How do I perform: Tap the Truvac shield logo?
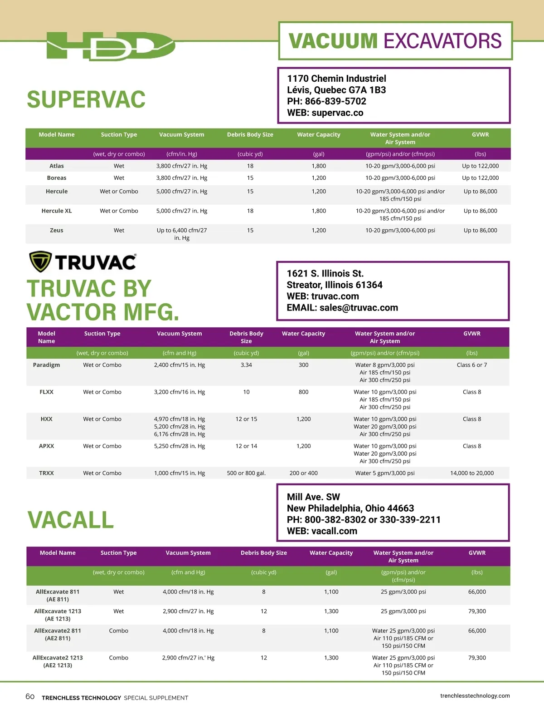click(40, 261)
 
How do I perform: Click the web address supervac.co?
click(337, 113)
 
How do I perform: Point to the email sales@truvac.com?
click(359, 308)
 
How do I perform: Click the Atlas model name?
click(57, 166)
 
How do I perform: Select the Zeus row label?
click(57, 231)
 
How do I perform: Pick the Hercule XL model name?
click(57, 211)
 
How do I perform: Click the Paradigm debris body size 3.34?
click(246, 365)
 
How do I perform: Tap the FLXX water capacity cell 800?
click(303, 392)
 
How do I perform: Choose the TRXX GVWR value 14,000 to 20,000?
click(472, 473)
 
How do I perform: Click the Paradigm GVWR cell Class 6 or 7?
click(472, 365)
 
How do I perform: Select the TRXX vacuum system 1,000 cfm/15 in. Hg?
click(180, 473)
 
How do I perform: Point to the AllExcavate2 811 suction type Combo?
click(119, 631)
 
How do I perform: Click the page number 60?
click(30, 696)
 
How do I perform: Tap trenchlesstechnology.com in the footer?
click(475, 695)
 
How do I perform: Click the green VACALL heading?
click(71, 520)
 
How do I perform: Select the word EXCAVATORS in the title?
click(442, 41)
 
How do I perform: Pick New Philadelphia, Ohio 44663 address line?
click(350, 508)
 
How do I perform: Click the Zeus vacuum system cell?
click(182, 234)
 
